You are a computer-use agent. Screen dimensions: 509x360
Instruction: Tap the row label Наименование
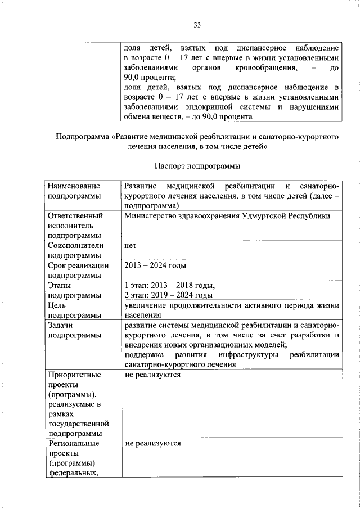(x=74, y=186)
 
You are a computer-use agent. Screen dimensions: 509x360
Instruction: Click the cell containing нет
(x=130, y=246)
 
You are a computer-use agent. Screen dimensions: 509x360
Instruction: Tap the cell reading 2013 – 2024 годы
(x=155, y=266)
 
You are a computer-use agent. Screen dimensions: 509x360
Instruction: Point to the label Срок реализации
(x=78, y=266)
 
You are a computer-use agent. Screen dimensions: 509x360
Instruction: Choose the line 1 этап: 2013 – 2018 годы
(x=170, y=286)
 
